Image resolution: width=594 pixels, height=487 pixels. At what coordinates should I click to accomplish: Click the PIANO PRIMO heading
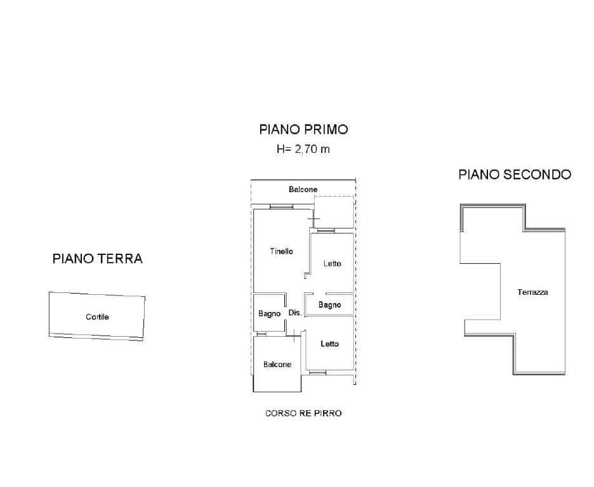(x=303, y=129)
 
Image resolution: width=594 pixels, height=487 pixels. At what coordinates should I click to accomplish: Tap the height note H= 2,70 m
(x=303, y=150)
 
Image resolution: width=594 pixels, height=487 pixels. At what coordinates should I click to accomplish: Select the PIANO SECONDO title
(x=515, y=174)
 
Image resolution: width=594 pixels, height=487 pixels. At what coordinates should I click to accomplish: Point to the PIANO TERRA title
(x=97, y=259)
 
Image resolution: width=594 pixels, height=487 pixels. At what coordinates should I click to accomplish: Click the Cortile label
(x=97, y=316)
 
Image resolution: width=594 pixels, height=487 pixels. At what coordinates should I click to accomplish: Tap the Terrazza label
(x=532, y=292)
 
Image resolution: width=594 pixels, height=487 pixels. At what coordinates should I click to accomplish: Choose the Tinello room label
(x=281, y=252)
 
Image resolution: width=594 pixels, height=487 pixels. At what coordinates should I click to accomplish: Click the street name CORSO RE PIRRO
(x=303, y=413)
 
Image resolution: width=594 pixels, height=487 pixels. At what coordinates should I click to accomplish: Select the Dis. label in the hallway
(x=294, y=313)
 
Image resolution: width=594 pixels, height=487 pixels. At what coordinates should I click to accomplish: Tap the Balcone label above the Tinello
(x=303, y=190)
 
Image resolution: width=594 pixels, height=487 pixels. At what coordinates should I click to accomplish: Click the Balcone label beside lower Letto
(x=277, y=365)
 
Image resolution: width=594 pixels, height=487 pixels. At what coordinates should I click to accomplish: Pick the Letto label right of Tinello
(x=332, y=264)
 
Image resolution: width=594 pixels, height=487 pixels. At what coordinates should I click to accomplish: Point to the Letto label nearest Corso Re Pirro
(x=329, y=344)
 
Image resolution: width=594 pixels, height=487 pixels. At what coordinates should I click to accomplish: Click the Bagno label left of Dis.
(x=269, y=314)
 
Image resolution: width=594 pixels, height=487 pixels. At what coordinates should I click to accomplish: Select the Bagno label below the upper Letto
(x=329, y=305)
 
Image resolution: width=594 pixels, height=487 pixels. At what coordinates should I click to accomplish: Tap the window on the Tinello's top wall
(x=281, y=207)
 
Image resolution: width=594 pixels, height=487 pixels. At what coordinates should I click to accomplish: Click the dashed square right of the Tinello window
(x=334, y=211)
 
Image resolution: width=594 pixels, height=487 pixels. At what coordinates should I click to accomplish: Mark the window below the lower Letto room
(x=317, y=373)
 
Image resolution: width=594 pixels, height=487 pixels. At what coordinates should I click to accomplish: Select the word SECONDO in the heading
(x=537, y=174)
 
